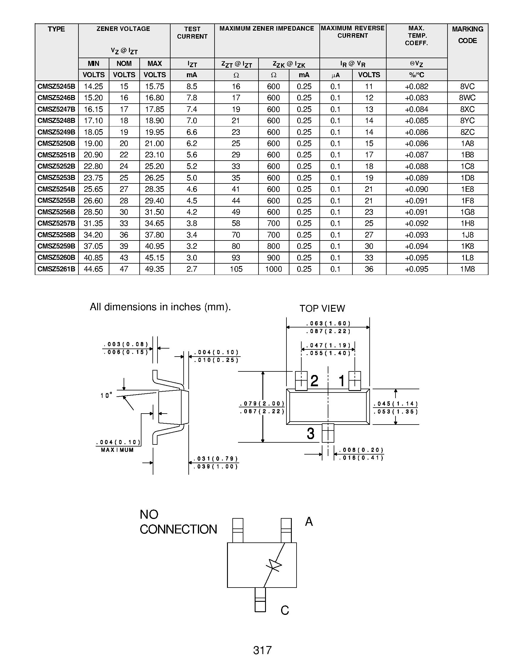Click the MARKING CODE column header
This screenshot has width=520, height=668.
coord(467,34)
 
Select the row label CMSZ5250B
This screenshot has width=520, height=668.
coord(56,143)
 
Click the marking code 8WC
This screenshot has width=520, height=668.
coord(467,98)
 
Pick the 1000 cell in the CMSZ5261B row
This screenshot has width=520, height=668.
coord(273,269)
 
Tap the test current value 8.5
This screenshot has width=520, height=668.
coord(192,87)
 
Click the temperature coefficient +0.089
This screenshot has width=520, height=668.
coord(416,178)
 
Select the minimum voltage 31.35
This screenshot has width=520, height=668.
coord(93,224)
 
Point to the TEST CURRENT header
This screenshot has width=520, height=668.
coord(192,33)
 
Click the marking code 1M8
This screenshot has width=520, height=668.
coord(467,269)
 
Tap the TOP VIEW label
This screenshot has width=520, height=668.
coord(322,308)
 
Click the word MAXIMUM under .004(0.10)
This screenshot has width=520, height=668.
coord(117,450)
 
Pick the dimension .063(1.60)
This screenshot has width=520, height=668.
coord(328,323)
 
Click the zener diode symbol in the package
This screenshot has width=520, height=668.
coord(273,565)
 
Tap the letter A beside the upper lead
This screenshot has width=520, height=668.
coord(309,522)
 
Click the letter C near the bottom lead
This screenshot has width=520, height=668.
coord(285,610)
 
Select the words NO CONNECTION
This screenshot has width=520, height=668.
coord(178,522)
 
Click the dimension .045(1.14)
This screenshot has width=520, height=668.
coord(395,404)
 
